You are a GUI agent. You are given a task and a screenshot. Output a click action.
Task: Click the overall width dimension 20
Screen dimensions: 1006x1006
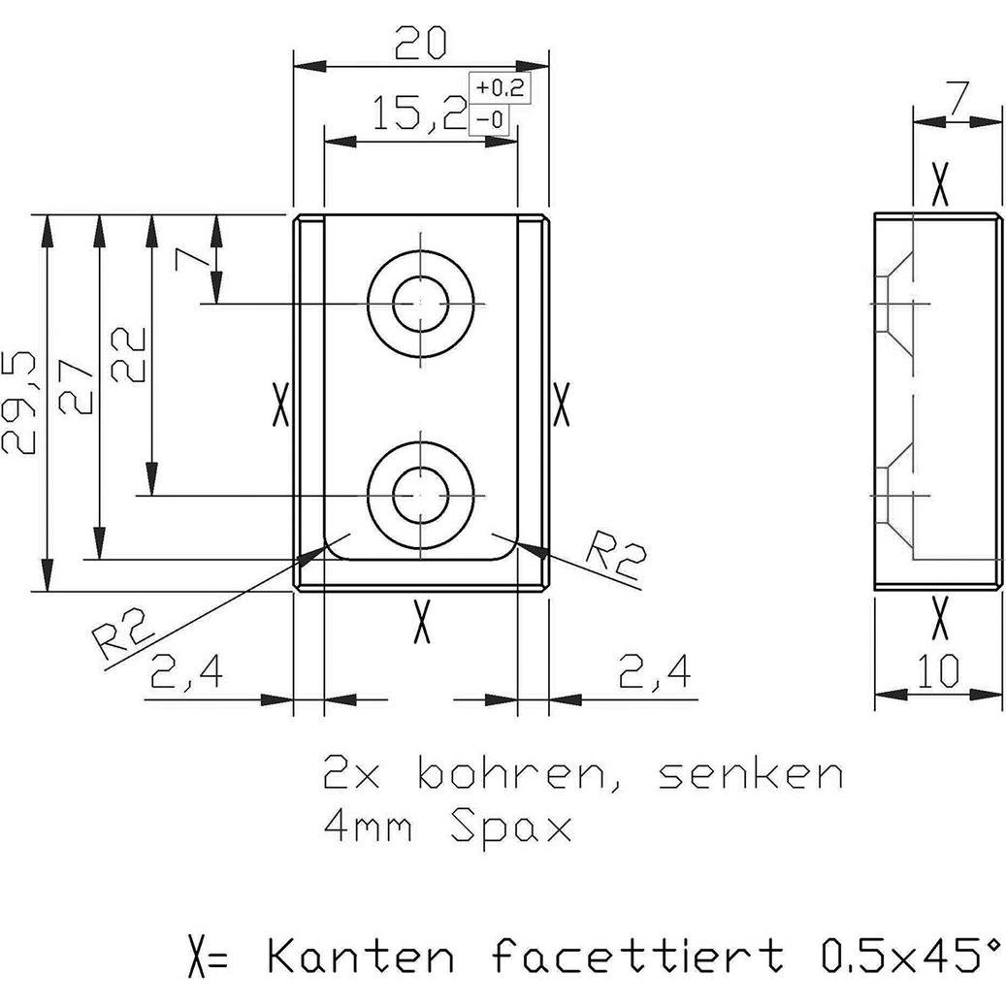coord(420,43)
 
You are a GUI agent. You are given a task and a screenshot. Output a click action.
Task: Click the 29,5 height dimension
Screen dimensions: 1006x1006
coord(21,402)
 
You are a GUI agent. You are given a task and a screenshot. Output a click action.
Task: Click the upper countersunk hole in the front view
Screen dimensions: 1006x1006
coord(420,304)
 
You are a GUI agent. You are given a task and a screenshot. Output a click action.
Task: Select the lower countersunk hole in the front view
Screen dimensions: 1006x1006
coord(420,495)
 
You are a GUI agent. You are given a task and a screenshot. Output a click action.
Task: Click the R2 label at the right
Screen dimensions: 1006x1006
coord(617,556)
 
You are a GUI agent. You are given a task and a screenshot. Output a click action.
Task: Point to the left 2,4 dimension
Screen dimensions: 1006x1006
coord(186,671)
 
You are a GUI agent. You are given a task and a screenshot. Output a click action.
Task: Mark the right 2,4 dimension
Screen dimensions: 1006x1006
coord(656,671)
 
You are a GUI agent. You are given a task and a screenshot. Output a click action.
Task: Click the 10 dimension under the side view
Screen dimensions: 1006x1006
coord(937,670)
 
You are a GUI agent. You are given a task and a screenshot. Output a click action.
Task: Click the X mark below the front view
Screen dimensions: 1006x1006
coord(420,621)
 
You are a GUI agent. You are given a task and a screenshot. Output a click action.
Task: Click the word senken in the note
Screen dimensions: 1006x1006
coord(750,775)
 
